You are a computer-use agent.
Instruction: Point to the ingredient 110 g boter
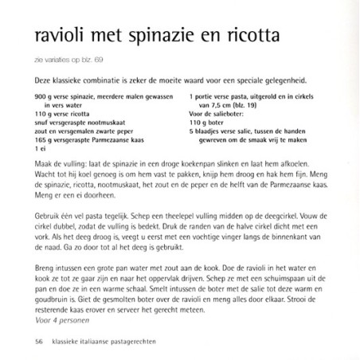(x=209, y=123)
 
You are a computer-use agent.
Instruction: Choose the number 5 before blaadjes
(x=192, y=131)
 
